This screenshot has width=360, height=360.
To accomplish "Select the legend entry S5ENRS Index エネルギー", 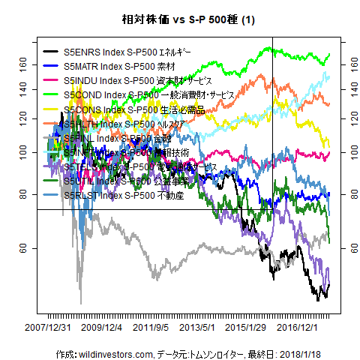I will [127, 52].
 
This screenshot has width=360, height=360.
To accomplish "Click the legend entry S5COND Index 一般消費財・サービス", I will [150, 95].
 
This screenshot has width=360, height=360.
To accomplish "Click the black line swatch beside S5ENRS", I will [52, 52].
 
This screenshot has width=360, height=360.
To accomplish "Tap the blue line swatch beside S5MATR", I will [52, 66].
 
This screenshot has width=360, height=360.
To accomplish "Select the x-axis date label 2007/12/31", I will [48, 328].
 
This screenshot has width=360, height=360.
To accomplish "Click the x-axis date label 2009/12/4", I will [100, 328].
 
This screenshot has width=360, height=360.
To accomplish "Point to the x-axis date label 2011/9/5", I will [151, 328].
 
